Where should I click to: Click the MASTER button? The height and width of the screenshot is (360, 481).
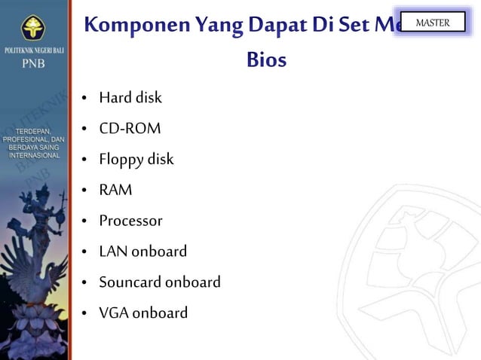pos(432,23)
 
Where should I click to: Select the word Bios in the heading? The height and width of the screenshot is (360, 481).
pos(266,59)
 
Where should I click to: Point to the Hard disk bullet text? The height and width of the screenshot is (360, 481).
pos(130,98)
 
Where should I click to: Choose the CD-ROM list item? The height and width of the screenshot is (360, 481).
pos(130,129)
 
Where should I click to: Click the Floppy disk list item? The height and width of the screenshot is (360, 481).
pos(136,160)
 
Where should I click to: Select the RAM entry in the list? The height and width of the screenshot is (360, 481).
pos(115,191)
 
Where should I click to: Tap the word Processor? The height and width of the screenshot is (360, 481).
pos(130,221)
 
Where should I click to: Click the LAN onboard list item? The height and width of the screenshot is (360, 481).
pos(142,252)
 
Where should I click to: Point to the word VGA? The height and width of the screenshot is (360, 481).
pos(114,313)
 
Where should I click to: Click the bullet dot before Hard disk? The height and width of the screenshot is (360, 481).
pos(86,99)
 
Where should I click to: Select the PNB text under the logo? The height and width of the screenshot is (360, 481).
pos(32,64)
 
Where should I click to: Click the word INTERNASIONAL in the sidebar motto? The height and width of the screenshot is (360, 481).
pos(34,155)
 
